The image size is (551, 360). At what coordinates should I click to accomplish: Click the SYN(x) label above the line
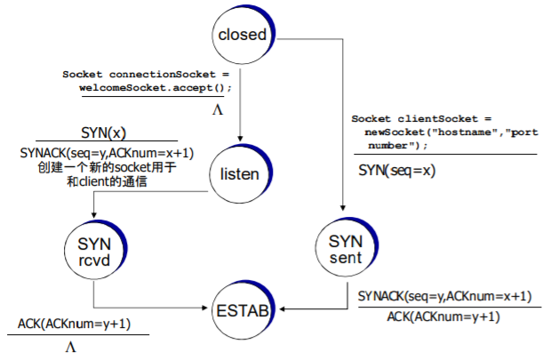[x=103, y=133]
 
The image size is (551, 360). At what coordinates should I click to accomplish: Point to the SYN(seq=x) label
[x=396, y=171]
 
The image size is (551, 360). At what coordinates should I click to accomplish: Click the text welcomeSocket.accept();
[x=156, y=87]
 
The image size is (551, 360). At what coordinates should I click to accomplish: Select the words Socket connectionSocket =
[x=146, y=74]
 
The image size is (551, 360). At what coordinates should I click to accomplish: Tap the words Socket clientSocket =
[x=421, y=118]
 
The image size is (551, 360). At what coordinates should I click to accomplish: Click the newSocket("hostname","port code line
[x=451, y=132]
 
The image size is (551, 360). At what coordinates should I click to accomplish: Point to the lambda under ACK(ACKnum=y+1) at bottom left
[x=70, y=348]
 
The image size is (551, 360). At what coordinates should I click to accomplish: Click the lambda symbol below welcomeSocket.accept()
[x=218, y=110]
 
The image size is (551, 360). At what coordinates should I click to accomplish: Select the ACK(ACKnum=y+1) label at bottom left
[x=74, y=324]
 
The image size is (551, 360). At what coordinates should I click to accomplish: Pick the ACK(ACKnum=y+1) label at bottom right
[x=443, y=316]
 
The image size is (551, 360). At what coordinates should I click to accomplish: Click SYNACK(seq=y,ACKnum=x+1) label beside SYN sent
[x=444, y=296]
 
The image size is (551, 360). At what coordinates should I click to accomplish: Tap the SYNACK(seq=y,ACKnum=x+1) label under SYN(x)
[x=107, y=153]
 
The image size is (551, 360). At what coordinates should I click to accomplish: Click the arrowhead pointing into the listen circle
[x=240, y=138]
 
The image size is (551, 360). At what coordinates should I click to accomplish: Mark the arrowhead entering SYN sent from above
[x=343, y=208]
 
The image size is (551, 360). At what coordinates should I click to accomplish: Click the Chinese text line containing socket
[x=107, y=167]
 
